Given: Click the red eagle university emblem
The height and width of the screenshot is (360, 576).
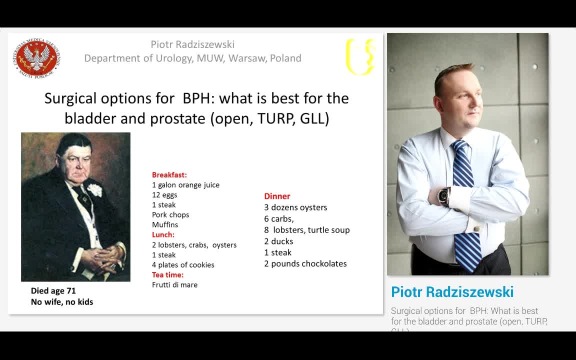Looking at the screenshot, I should (38, 58).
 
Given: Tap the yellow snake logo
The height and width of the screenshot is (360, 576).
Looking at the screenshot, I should (360, 56).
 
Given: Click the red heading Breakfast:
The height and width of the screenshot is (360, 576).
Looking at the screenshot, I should (169, 175).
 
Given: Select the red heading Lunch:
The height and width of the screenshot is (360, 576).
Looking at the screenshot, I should (163, 234).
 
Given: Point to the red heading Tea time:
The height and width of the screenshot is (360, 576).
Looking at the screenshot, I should (167, 274).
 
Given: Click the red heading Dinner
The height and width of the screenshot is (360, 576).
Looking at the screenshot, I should (277, 196).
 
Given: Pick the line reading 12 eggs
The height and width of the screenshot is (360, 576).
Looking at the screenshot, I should (164, 195).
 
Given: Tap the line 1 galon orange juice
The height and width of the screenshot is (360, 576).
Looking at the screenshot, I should (185, 185).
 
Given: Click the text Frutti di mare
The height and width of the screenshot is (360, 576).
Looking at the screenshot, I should (174, 284).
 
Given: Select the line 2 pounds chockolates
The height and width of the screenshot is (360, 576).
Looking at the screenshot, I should (305, 263).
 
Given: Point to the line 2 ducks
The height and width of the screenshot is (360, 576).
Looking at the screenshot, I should (278, 241).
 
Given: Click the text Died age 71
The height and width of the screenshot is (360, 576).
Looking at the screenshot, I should (53, 290).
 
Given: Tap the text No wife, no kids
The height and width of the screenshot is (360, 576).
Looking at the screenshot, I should (62, 301).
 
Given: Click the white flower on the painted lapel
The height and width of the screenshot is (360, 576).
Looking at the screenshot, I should (94, 189).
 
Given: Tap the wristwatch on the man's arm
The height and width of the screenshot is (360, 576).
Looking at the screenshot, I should (443, 196).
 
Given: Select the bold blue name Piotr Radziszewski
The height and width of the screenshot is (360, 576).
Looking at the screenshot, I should (452, 292).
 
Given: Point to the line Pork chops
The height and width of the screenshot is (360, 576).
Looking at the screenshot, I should (170, 215).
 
